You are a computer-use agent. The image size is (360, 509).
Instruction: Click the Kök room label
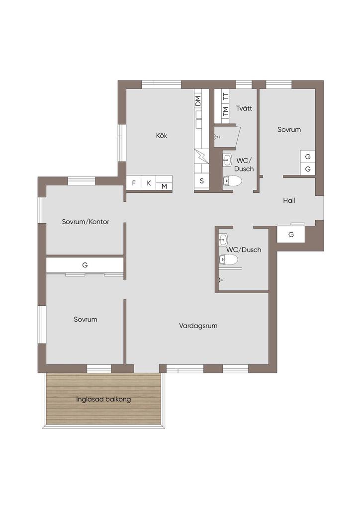[x=161, y=135]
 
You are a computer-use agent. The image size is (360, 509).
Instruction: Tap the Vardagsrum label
[x=198, y=326]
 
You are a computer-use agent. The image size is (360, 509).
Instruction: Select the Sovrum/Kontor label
[x=86, y=222]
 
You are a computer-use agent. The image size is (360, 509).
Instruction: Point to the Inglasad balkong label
[x=103, y=399]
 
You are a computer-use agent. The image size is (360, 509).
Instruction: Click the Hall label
[x=289, y=200]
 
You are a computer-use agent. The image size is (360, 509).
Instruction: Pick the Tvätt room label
[x=244, y=108]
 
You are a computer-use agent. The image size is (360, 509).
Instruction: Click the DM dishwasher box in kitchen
[x=198, y=100]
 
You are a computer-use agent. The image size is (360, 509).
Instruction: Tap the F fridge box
[x=133, y=183]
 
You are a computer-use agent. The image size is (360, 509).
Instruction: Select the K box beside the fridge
[x=149, y=183]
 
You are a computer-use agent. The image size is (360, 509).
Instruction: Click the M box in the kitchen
[x=164, y=186]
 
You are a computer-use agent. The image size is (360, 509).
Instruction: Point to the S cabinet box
[x=201, y=181]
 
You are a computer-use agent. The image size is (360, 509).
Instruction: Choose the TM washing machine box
[x=226, y=111]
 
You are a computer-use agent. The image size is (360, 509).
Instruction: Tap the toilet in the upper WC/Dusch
[x=233, y=181]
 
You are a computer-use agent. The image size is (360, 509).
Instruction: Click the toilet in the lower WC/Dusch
[x=229, y=259]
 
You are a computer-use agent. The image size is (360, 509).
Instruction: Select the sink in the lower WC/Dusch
[x=223, y=239]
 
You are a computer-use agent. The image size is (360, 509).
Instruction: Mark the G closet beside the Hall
[x=291, y=235]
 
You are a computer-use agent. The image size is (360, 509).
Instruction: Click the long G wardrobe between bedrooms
[x=85, y=265]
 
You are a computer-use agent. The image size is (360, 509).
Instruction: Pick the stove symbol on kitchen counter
[x=201, y=157]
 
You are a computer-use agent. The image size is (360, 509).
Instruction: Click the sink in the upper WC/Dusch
[x=227, y=160]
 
